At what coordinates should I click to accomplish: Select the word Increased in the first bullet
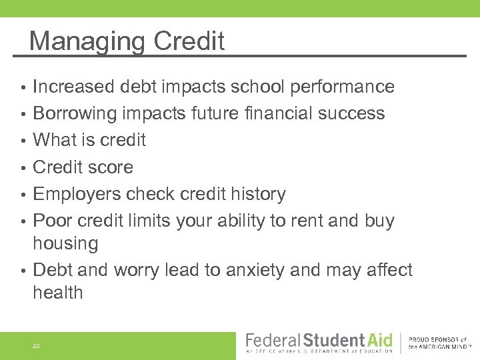click(x=74, y=87)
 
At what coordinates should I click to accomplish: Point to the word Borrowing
click(x=75, y=114)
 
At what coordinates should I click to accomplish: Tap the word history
click(x=257, y=194)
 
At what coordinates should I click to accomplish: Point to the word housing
click(x=65, y=244)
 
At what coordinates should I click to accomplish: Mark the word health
click(x=58, y=293)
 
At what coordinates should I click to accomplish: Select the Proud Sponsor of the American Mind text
click(x=441, y=343)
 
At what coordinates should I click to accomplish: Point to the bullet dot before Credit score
click(x=23, y=168)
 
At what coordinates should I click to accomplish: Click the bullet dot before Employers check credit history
click(x=23, y=195)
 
